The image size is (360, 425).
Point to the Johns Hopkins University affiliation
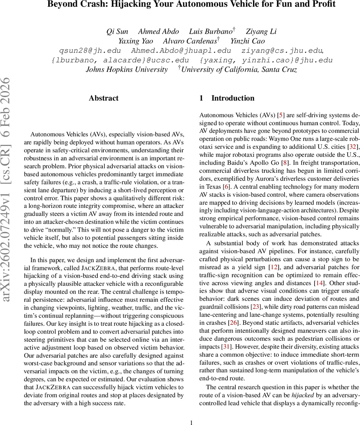click(126, 69)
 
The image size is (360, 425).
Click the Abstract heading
click(103, 98)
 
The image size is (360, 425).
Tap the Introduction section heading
click(232, 98)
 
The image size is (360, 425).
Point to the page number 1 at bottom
click(192, 422)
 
